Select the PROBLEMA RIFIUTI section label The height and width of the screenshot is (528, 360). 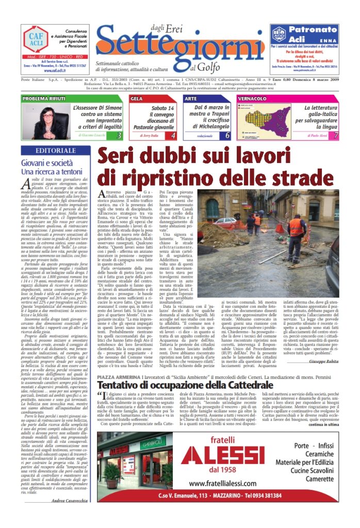click(44, 98)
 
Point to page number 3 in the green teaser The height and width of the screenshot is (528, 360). click(119, 136)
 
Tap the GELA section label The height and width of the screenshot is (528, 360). click(137, 98)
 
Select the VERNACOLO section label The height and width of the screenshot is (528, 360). click(268, 98)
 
